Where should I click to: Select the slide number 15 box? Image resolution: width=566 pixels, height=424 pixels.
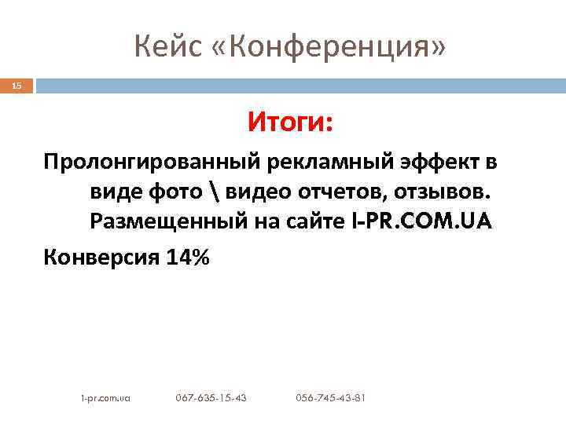pyautogui.click(x=17, y=85)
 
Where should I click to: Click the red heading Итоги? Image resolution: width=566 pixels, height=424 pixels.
pyautogui.click(x=291, y=122)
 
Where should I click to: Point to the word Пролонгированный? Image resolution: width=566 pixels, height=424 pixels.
pyautogui.click(x=153, y=162)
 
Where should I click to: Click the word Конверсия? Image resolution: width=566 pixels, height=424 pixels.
pyautogui.click(x=100, y=256)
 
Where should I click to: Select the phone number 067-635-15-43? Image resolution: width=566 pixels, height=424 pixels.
pyautogui.click(x=211, y=398)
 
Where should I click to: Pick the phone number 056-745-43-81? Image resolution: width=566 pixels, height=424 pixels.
pyautogui.click(x=330, y=398)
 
